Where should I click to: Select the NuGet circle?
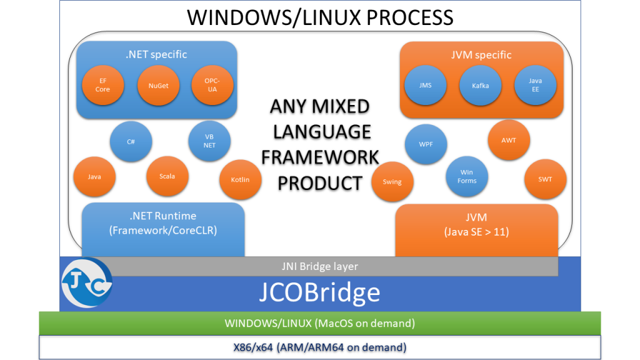[158, 86]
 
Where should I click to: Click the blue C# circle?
[131, 142]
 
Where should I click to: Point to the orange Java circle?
[94, 177]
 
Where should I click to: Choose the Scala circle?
[167, 176]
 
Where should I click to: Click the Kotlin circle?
[240, 180]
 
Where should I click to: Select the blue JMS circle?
[425, 86]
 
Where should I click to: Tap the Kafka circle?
[480, 86]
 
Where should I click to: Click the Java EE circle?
[535, 86]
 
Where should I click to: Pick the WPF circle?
[426, 144]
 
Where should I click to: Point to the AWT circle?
[509, 141]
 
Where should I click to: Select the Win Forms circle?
[466, 177]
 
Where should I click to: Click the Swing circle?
[392, 182]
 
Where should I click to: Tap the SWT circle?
[544, 179]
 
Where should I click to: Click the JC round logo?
[87, 283]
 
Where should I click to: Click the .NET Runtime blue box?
[163, 227]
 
